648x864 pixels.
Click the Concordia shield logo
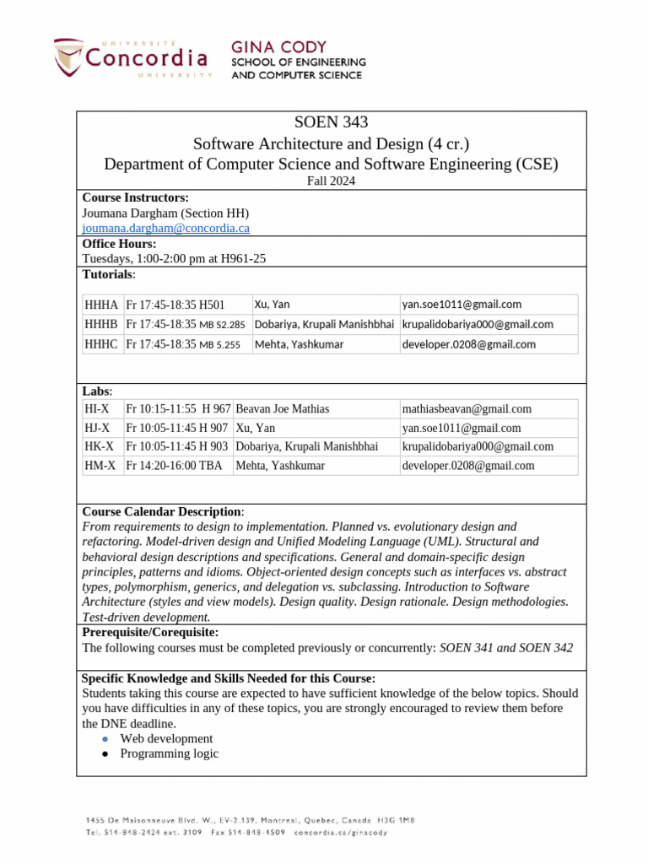pyautogui.click(x=69, y=57)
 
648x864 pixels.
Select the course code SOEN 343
pyautogui.click(x=331, y=123)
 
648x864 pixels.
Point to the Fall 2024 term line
pyautogui.click(x=331, y=181)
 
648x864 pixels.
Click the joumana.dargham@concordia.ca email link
pyautogui.click(x=165, y=228)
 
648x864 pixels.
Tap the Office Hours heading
pyautogui.click(x=119, y=244)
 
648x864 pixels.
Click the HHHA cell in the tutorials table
pyautogui.click(x=101, y=305)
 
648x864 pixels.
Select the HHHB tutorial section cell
pyautogui.click(x=101, y=324)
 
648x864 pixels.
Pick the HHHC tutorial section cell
pyautogui.click(x=101, y=344)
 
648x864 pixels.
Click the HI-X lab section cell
pyautogui.click(x=97, y=409)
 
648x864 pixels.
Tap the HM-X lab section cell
pyautogui.click(x=99, y=465)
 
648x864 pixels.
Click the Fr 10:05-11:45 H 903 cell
pyautogui.click(x=177, y=446)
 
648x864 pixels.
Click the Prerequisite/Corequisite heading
pyautogui.click(x=150, y=632)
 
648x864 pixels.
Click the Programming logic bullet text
pyautogui.click(x=169, y=753)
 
